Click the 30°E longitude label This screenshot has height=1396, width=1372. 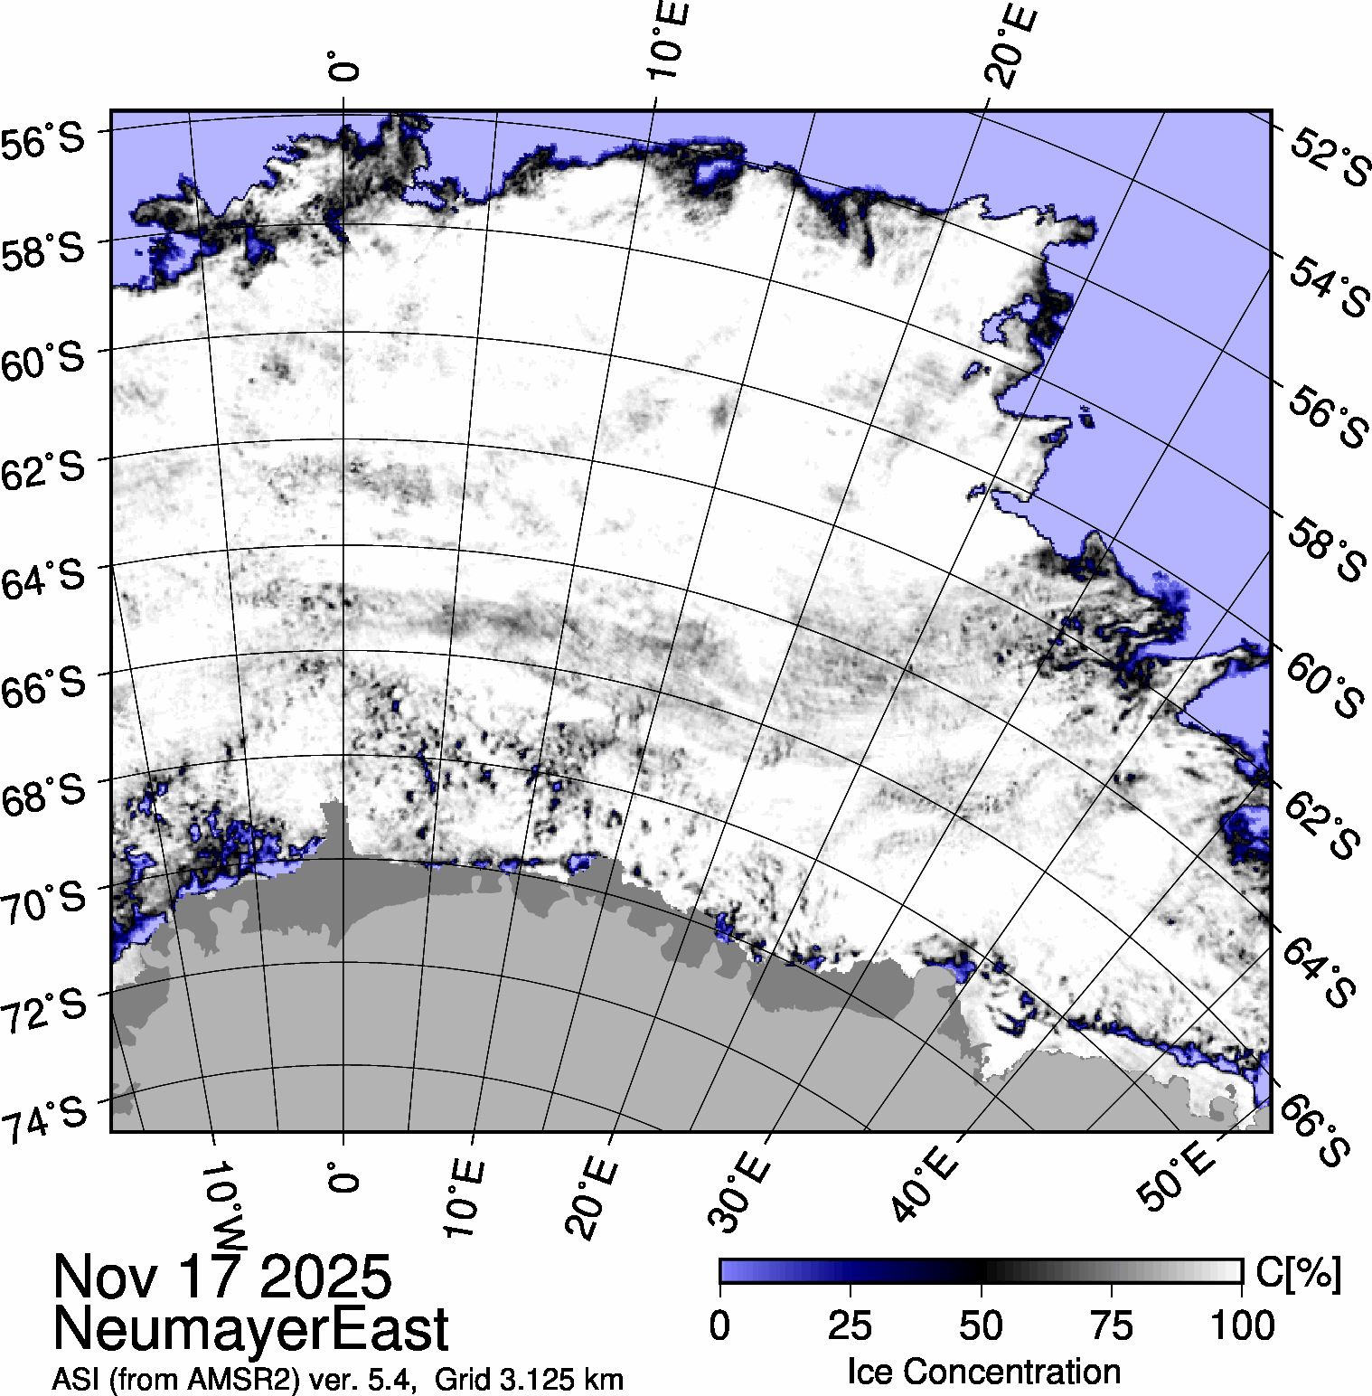pos(740,1192)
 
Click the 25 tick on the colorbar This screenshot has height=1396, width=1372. pos(850,1325)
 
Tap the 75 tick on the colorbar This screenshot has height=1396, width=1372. pos(1111,1325)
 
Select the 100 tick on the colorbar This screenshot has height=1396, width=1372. pos(1242,1325)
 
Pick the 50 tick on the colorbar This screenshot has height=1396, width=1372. pos(981,1325)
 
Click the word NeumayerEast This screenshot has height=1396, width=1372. pos(250,1329)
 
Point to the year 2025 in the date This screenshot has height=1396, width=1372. pos(325,1277)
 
